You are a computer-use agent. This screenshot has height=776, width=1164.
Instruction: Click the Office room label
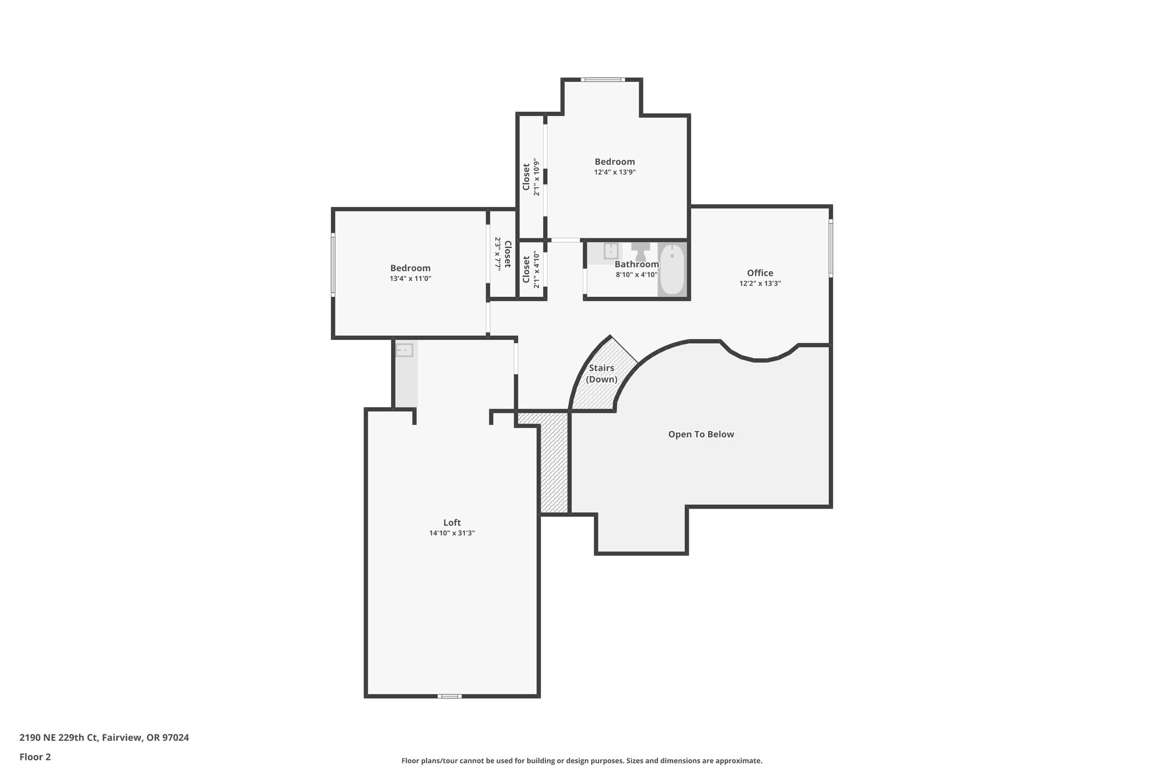click(760, 273)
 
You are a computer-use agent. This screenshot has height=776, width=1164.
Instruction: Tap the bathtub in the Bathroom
click(672, 269)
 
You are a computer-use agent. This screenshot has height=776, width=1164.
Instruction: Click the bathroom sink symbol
click(611, 251)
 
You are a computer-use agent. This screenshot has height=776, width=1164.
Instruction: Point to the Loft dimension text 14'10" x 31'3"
click(452, 533)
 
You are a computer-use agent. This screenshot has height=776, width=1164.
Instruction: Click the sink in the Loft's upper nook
click(404, 350)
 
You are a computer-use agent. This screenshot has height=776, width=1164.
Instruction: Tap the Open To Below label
click(701, 434)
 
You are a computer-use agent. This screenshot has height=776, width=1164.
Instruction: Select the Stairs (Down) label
click(601, 374)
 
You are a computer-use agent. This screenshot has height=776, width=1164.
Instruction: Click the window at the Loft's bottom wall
click(449, 696)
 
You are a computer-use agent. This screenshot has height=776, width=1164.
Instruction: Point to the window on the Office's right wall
click(830, 248)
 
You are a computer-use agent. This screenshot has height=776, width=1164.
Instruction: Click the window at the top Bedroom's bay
click(602, 80)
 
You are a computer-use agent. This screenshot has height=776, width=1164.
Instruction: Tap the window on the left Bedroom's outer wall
click(333, 265)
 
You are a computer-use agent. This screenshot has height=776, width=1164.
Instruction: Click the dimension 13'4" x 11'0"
click(410, 279)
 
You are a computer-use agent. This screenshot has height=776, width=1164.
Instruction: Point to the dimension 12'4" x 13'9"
click(614, 172)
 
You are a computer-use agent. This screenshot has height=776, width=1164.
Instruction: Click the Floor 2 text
click(35, 757)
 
